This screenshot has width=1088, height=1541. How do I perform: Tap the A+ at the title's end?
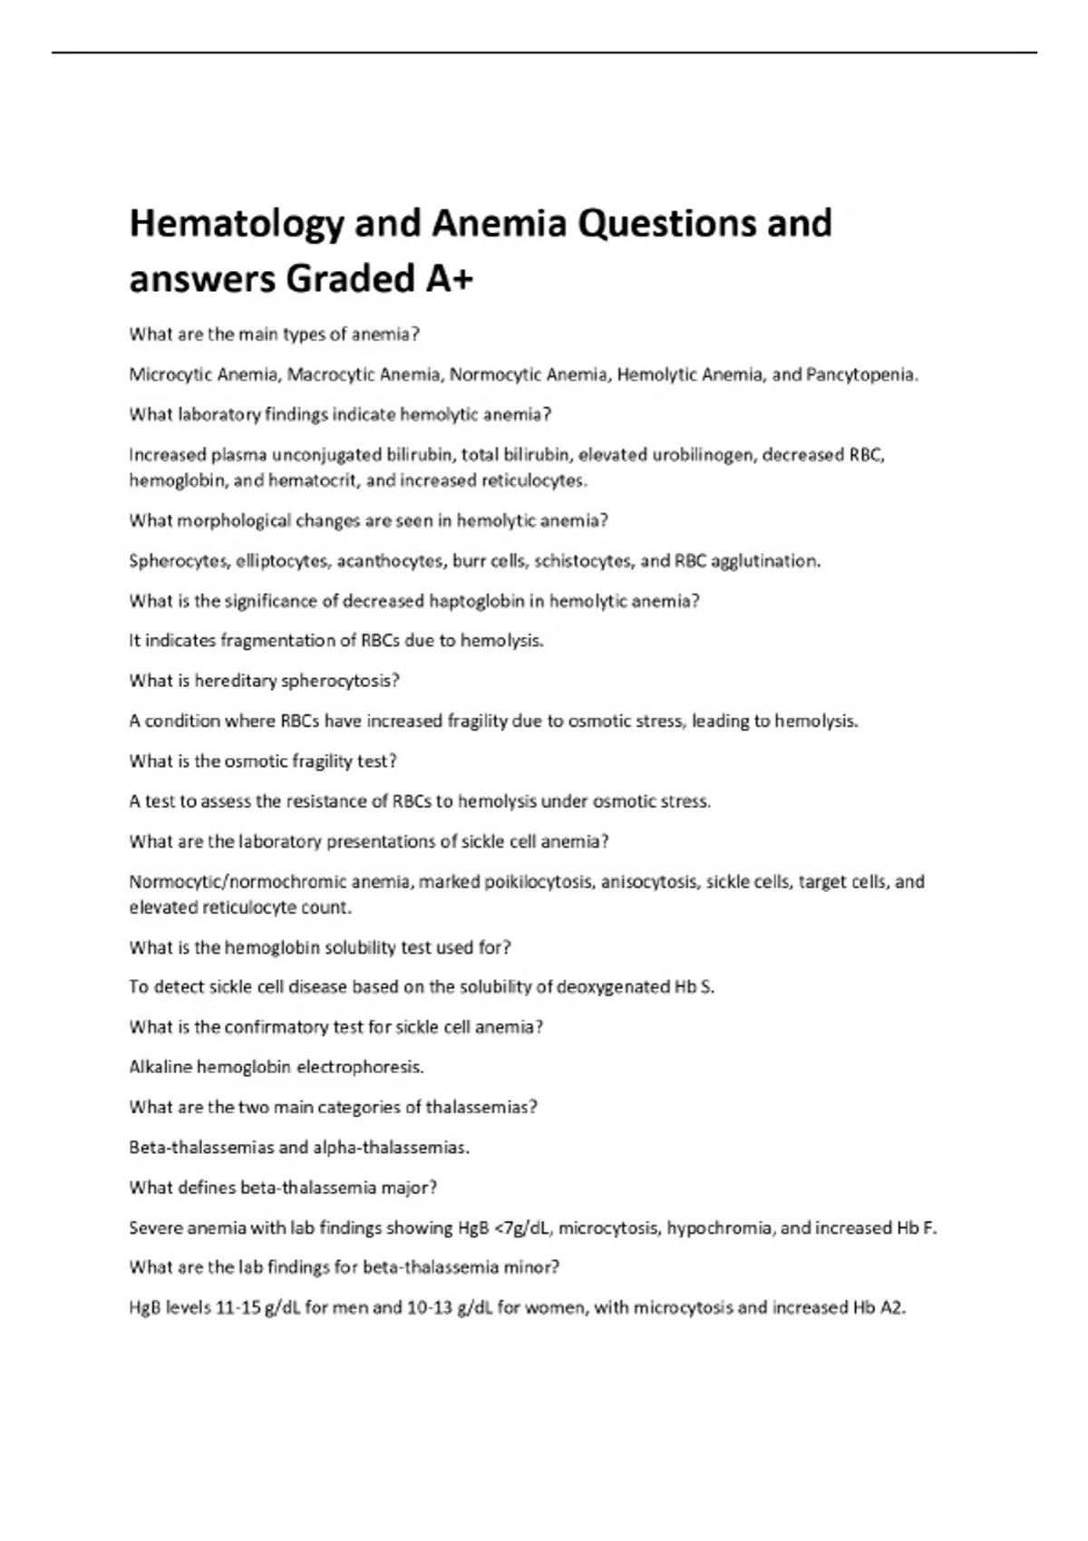coord(449,279)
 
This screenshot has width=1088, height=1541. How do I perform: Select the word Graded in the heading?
coord(350,279)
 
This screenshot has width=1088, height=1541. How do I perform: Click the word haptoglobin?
coord(485,601)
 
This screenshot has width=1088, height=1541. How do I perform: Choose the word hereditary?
coord(234,681)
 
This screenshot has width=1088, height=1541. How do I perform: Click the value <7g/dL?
coord(524,1228)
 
